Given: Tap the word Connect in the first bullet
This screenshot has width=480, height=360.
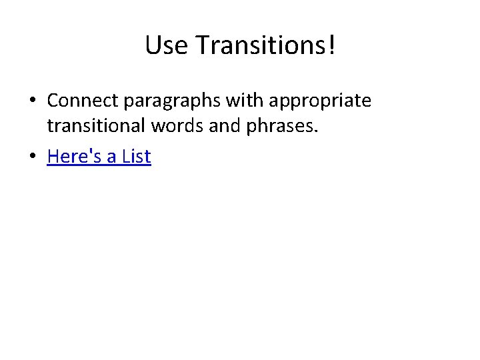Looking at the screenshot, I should click(x=78, y=101).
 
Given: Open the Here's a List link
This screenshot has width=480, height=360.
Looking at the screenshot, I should click(x=99, y=157).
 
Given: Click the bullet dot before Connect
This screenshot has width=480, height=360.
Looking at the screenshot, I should click(x=32, y=101).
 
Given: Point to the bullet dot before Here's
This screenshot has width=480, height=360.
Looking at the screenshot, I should click(x=32, y=157).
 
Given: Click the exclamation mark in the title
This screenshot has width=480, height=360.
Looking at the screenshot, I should click(x=331, y=45).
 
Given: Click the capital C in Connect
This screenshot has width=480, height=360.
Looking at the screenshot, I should click(x=53, y=101).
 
